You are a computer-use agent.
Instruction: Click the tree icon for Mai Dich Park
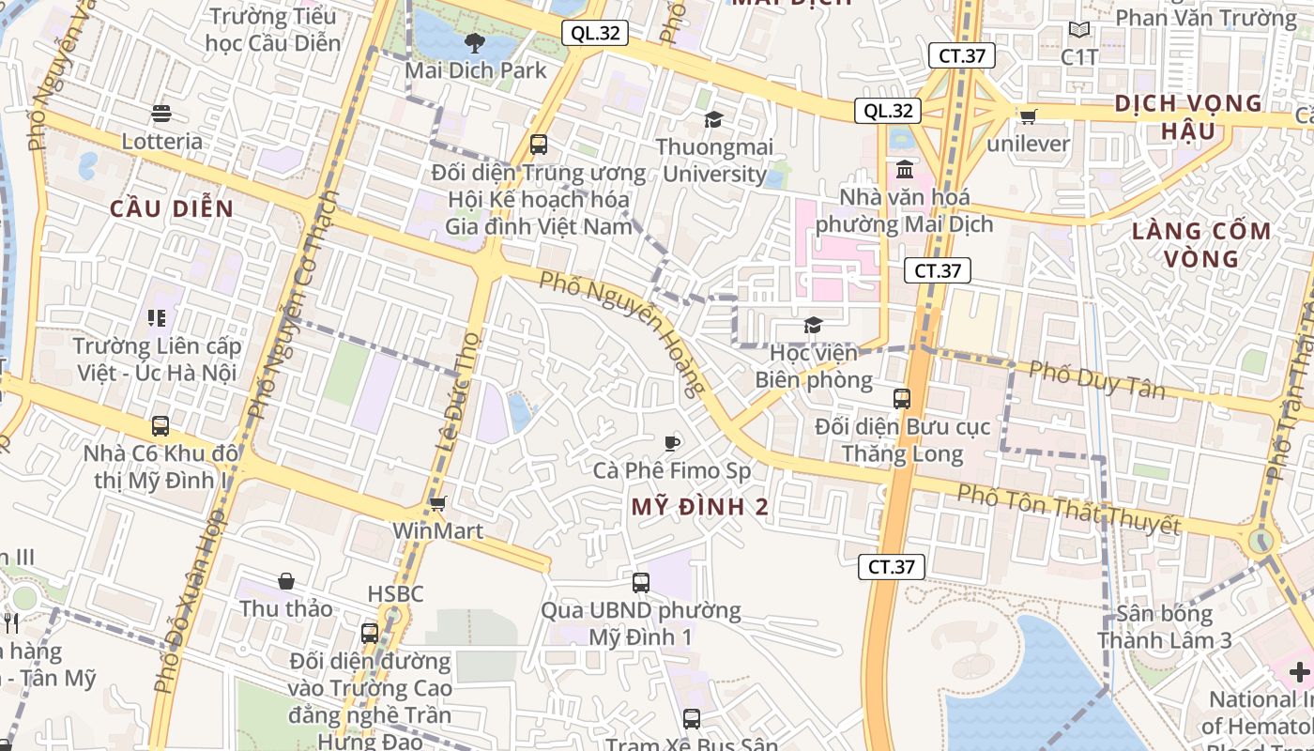(475, 42)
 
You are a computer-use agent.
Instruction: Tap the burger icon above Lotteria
(161, 115)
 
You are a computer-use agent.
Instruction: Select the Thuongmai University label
(714, 161)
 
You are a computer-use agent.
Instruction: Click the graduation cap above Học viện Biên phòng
(813, 326)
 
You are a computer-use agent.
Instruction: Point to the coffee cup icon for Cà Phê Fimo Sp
(672, 443)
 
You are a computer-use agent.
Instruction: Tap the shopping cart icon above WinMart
(437, 504)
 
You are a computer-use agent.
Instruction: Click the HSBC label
(395, 593)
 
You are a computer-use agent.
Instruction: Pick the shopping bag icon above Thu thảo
(286, 582)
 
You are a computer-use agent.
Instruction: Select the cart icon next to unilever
(1029, 117)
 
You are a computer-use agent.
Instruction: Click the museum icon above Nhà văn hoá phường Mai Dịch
(906, 171)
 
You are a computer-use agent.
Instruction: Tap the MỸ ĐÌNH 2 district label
(700, 508)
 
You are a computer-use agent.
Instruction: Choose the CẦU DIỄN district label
(172, 208)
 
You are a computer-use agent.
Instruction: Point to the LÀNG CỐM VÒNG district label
(1201, 244)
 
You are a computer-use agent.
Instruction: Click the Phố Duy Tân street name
(1097, 379)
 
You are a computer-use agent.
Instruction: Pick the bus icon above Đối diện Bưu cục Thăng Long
(902, 399)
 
